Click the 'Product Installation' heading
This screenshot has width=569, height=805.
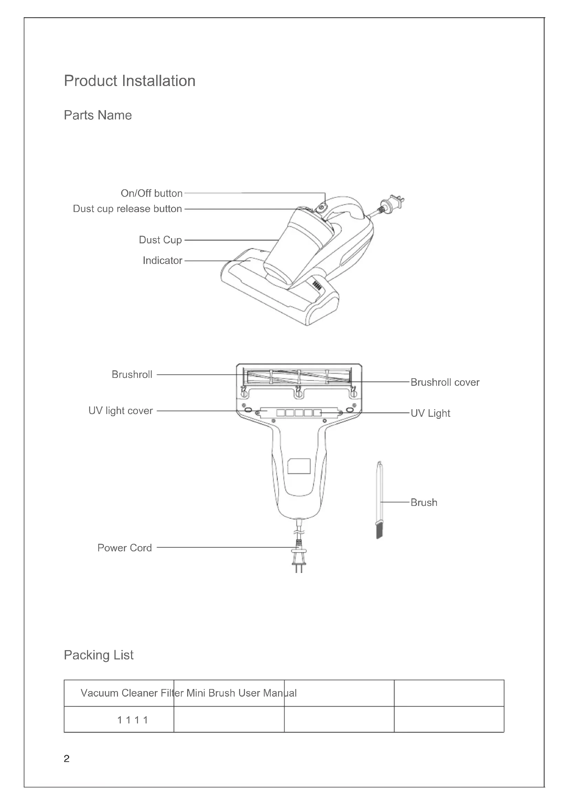(130, 81)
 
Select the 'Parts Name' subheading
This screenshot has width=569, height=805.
(98, 115)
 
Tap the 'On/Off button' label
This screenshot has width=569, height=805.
(151, 193)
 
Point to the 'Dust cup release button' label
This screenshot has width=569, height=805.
(127, 209)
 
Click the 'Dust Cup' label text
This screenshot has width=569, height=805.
(160, 240)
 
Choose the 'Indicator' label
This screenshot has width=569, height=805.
(162, 261)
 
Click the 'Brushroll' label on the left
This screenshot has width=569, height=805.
(132, 374)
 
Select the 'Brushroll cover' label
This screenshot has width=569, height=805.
(444, 382)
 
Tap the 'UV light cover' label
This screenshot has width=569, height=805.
(120, 411)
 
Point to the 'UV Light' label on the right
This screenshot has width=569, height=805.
(430, 413)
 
